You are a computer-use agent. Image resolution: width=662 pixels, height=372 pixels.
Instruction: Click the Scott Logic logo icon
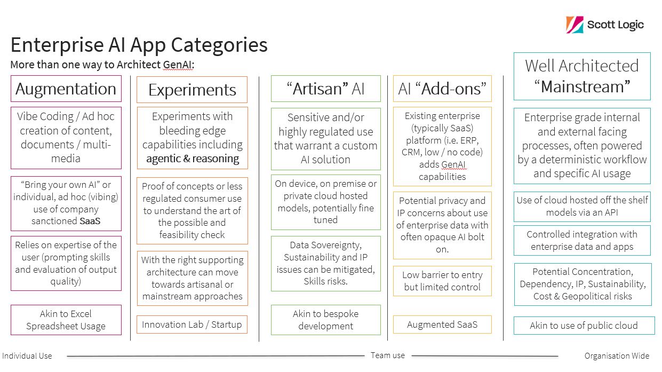(x=575, y=25)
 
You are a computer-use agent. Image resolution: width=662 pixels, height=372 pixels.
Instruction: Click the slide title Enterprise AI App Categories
(x=139, y=45)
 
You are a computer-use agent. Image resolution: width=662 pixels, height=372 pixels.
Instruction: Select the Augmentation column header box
(x=66, y=89)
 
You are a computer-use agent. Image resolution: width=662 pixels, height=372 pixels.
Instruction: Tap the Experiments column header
(x=192, y=90)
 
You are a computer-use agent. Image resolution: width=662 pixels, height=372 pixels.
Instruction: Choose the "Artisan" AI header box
(x=326, y=89)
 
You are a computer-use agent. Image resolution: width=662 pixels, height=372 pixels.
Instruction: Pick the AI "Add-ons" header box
(x=442, y=89)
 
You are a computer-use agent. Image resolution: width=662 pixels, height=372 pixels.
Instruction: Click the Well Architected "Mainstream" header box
(x=582, y=76)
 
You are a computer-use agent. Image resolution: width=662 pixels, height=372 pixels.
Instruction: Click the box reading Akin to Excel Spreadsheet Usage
(x=66, y=320)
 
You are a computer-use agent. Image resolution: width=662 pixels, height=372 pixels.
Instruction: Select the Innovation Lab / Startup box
(x=192, y=324)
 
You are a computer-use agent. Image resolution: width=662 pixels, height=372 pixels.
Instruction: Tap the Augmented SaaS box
(x=442, y=324)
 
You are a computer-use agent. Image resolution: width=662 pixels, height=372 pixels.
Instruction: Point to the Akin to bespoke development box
(x=326, y=320)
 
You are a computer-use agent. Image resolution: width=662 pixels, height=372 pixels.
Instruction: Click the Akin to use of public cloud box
(x=584, y=326)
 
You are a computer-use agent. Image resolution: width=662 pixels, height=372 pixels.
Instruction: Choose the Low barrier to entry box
(x=442, y=281)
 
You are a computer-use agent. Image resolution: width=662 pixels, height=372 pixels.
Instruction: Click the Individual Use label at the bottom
(x=27, y=356)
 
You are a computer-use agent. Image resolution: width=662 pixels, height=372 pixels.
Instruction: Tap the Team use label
(x=388, y=355)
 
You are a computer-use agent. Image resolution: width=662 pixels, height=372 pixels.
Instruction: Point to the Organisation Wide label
(x=617, y=356)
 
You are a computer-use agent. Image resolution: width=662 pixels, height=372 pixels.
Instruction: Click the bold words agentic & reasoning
(x=193, y=159)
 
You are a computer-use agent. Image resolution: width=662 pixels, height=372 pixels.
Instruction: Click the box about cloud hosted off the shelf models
(x=582, y=207)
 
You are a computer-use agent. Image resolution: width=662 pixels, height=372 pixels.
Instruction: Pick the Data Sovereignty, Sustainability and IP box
(x=326, y=263)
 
